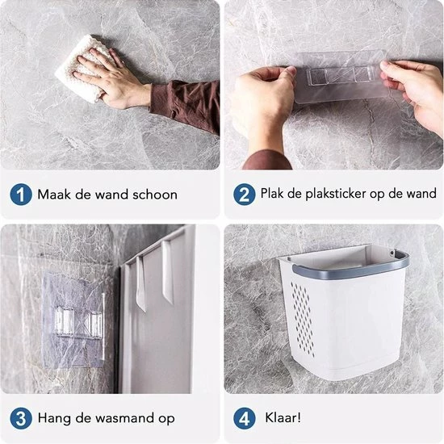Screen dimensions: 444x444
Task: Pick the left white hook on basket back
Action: (140, 274)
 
